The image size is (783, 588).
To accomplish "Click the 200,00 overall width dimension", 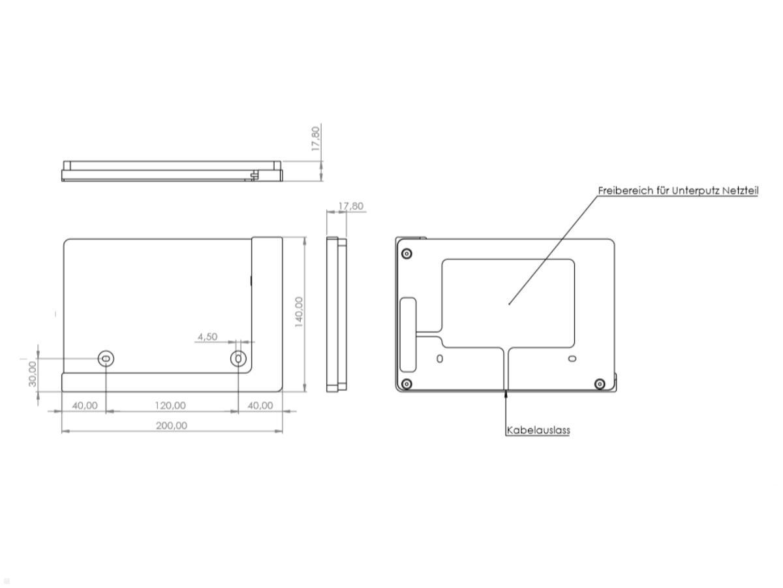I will tap(172, 425).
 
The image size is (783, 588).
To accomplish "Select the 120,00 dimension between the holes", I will tap(170, 406).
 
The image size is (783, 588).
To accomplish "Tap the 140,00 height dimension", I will tap(299, 312).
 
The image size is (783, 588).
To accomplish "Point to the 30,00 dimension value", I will tap(32, 374).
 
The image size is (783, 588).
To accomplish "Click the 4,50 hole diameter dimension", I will tap(207, 336).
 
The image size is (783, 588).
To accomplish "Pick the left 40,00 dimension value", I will tap(84, 406).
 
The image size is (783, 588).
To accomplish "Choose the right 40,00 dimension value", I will tap(260, 406).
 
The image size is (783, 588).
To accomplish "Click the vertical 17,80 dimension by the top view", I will tap(316, 139).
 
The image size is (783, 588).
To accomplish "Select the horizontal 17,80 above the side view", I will tap(350, 206).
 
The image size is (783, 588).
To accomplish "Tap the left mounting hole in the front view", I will tap(106, 358).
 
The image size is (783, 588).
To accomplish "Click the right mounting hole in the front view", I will tap(239, 358).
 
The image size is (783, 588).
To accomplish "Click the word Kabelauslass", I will tap(538, 431).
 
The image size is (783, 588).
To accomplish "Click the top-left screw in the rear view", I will tap(407, 253).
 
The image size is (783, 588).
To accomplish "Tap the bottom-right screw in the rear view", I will tap(600, 383).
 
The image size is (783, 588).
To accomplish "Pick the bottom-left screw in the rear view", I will tap(407, 384).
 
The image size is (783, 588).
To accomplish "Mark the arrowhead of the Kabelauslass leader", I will tap(506, 393).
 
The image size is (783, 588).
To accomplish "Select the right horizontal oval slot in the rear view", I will tap(572, 359).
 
